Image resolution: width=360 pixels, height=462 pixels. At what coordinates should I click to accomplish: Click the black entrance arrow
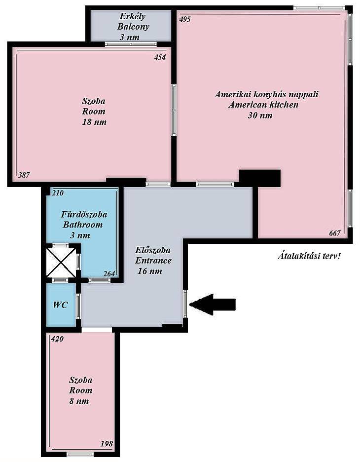(212, 305)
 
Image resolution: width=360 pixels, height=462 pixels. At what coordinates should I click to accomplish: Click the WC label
(60, 305)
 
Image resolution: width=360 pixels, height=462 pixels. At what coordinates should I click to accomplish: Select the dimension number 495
(185, 19)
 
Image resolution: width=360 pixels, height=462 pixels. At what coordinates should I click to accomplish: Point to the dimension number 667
(335, 233)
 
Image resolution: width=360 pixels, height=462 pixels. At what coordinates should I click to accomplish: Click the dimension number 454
(160, 57)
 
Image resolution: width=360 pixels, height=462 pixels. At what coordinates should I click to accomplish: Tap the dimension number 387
(24, 175)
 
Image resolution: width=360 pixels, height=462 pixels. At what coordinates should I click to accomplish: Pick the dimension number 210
(58, 193)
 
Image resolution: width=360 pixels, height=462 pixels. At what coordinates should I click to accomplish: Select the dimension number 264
(109, 274)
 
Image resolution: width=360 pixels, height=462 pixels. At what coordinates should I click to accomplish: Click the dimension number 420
(57, 339)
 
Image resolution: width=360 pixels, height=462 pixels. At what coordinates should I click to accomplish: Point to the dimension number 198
(107, 443)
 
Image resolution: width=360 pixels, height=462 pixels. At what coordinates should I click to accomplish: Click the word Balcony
(133, 27)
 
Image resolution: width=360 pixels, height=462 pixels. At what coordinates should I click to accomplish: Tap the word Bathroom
(83, 225)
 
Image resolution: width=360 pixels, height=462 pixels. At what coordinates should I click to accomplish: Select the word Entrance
(153, 261)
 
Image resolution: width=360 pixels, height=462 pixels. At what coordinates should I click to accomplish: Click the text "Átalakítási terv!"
(309, 256)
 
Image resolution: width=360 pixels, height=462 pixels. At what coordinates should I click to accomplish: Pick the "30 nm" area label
(260, 115)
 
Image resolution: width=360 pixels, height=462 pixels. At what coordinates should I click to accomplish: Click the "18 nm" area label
(94, 122)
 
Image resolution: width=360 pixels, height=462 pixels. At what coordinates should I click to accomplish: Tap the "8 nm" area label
(79, 401)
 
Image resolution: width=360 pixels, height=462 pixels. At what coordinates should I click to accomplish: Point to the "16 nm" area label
(149, 271)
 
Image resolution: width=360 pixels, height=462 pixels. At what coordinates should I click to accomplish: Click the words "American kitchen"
(263, 105)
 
